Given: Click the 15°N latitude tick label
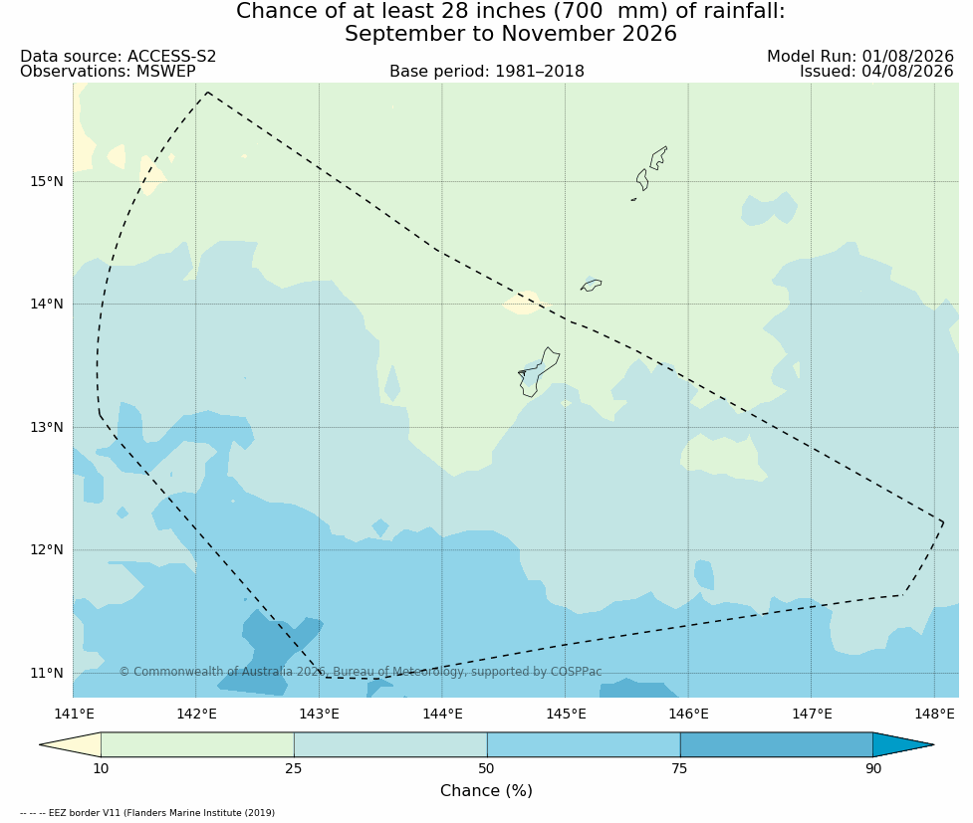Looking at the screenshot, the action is pyautogui.click(x=47, y=182).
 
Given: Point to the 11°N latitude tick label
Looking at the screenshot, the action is pyautogui.click(x=47, y=673).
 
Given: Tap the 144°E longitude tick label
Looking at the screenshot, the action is pyautogui.click(x=442, y=714).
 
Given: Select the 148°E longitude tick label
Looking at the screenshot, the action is pyautogui.click(x=934, y=714).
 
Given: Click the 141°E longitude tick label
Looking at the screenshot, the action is pyautogui.click(x=74, y=714).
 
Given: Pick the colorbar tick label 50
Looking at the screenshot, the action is pyautogui.click(x=486, y=769).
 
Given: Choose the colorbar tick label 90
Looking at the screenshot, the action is pyautogui.click(x=873, y=769).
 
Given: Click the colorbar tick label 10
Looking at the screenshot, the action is pyautogui.click(x=101, y=769).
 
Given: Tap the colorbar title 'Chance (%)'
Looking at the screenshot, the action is pyautogui.click(x=486, y=791).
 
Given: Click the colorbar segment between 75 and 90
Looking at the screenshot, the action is pyautogui.click(x=776, y=744).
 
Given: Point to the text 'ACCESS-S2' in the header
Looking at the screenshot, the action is pyautogui.click(x=172, y=57).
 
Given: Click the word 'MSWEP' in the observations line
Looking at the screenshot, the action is pyautogui.click(x=165, y=72).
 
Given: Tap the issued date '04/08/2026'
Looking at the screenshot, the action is pyautogui.click(x=907, y=72).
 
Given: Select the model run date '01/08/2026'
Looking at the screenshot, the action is pyautogui.click(x=907, y=57).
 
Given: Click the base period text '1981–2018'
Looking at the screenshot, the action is pyautogui.click(x=539, y=72).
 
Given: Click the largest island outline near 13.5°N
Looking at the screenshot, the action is pyautogui.click(x=538, y=372).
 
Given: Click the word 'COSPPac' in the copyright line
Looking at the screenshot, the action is pyautogui.click(x=576, y=672).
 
